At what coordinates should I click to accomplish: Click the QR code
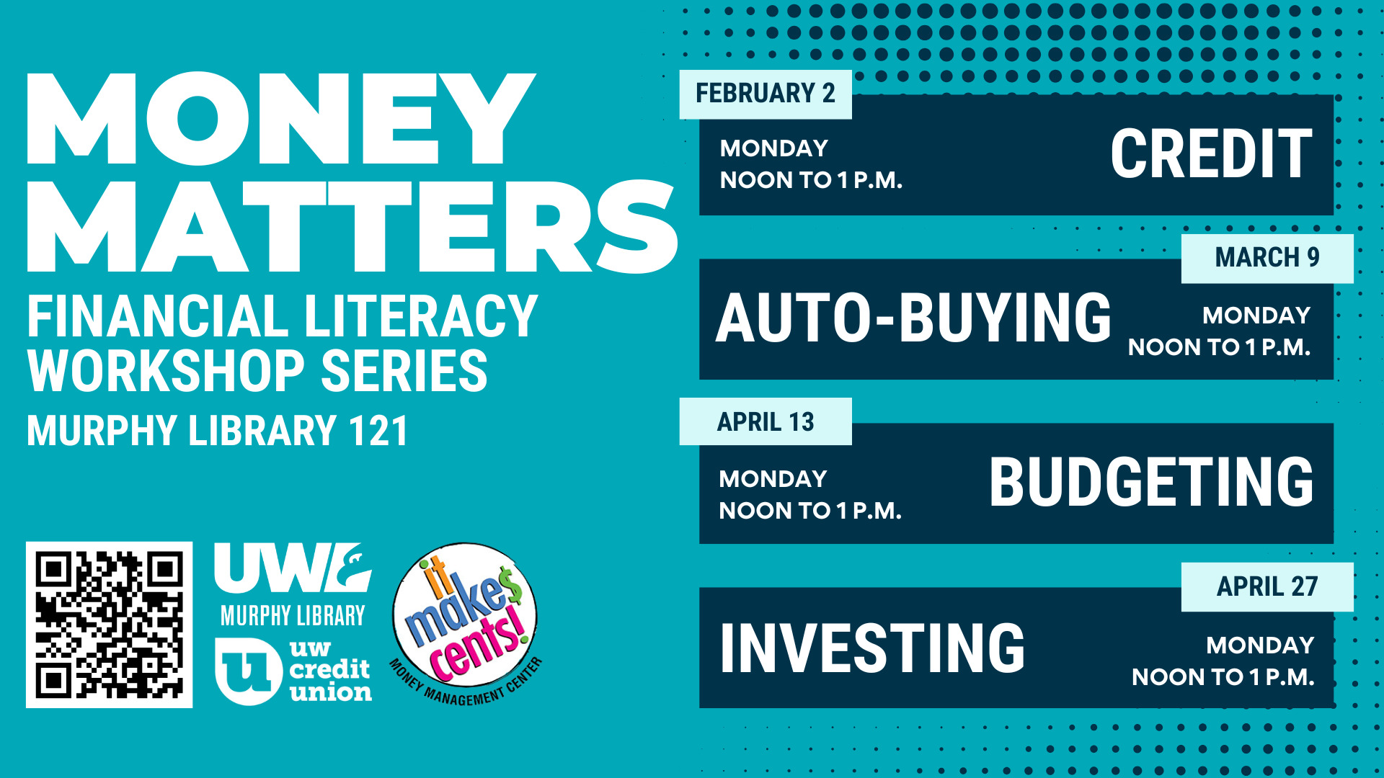109,625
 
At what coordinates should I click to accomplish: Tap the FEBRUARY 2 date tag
766,94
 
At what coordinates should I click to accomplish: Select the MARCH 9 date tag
1267,258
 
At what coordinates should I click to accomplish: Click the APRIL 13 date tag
766,421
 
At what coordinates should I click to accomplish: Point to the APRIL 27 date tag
1267,587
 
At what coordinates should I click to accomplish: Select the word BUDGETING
1151,482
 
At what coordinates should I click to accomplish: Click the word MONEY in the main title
281,118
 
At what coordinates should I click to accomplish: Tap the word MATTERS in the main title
352,226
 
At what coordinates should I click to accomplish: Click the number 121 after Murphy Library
378,431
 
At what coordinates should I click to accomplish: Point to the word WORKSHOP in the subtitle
166,371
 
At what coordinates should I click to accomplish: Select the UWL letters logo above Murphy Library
293,568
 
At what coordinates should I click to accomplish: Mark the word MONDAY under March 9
1256,316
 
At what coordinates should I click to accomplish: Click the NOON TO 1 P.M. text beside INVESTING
1223,677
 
